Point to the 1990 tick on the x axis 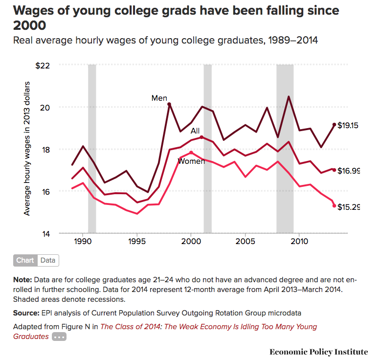pyautogui.click(x=83, y=242)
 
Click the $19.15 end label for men pyautogui.click(x=348, y=126)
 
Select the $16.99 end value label pyautogui.click(x=348, y=171)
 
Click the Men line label pyautogui.click(x=159, y=98)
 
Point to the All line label pyautogui.click(x=195, y=131)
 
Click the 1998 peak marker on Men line pyautogui.click(x=169, y=104)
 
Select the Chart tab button pyautogui.click(x=25, y=260)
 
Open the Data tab pyautogui.click(x=48, y=260)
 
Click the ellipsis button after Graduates pyautogui.click(x=59, y=337)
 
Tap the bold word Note pyautogui.click(x=22, y=280)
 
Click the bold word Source pyautogui.click(x=26, y=312)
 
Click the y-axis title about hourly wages pyautogui.click(x=27, y=149)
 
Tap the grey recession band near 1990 pyautogui.click(x=92, y=147)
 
